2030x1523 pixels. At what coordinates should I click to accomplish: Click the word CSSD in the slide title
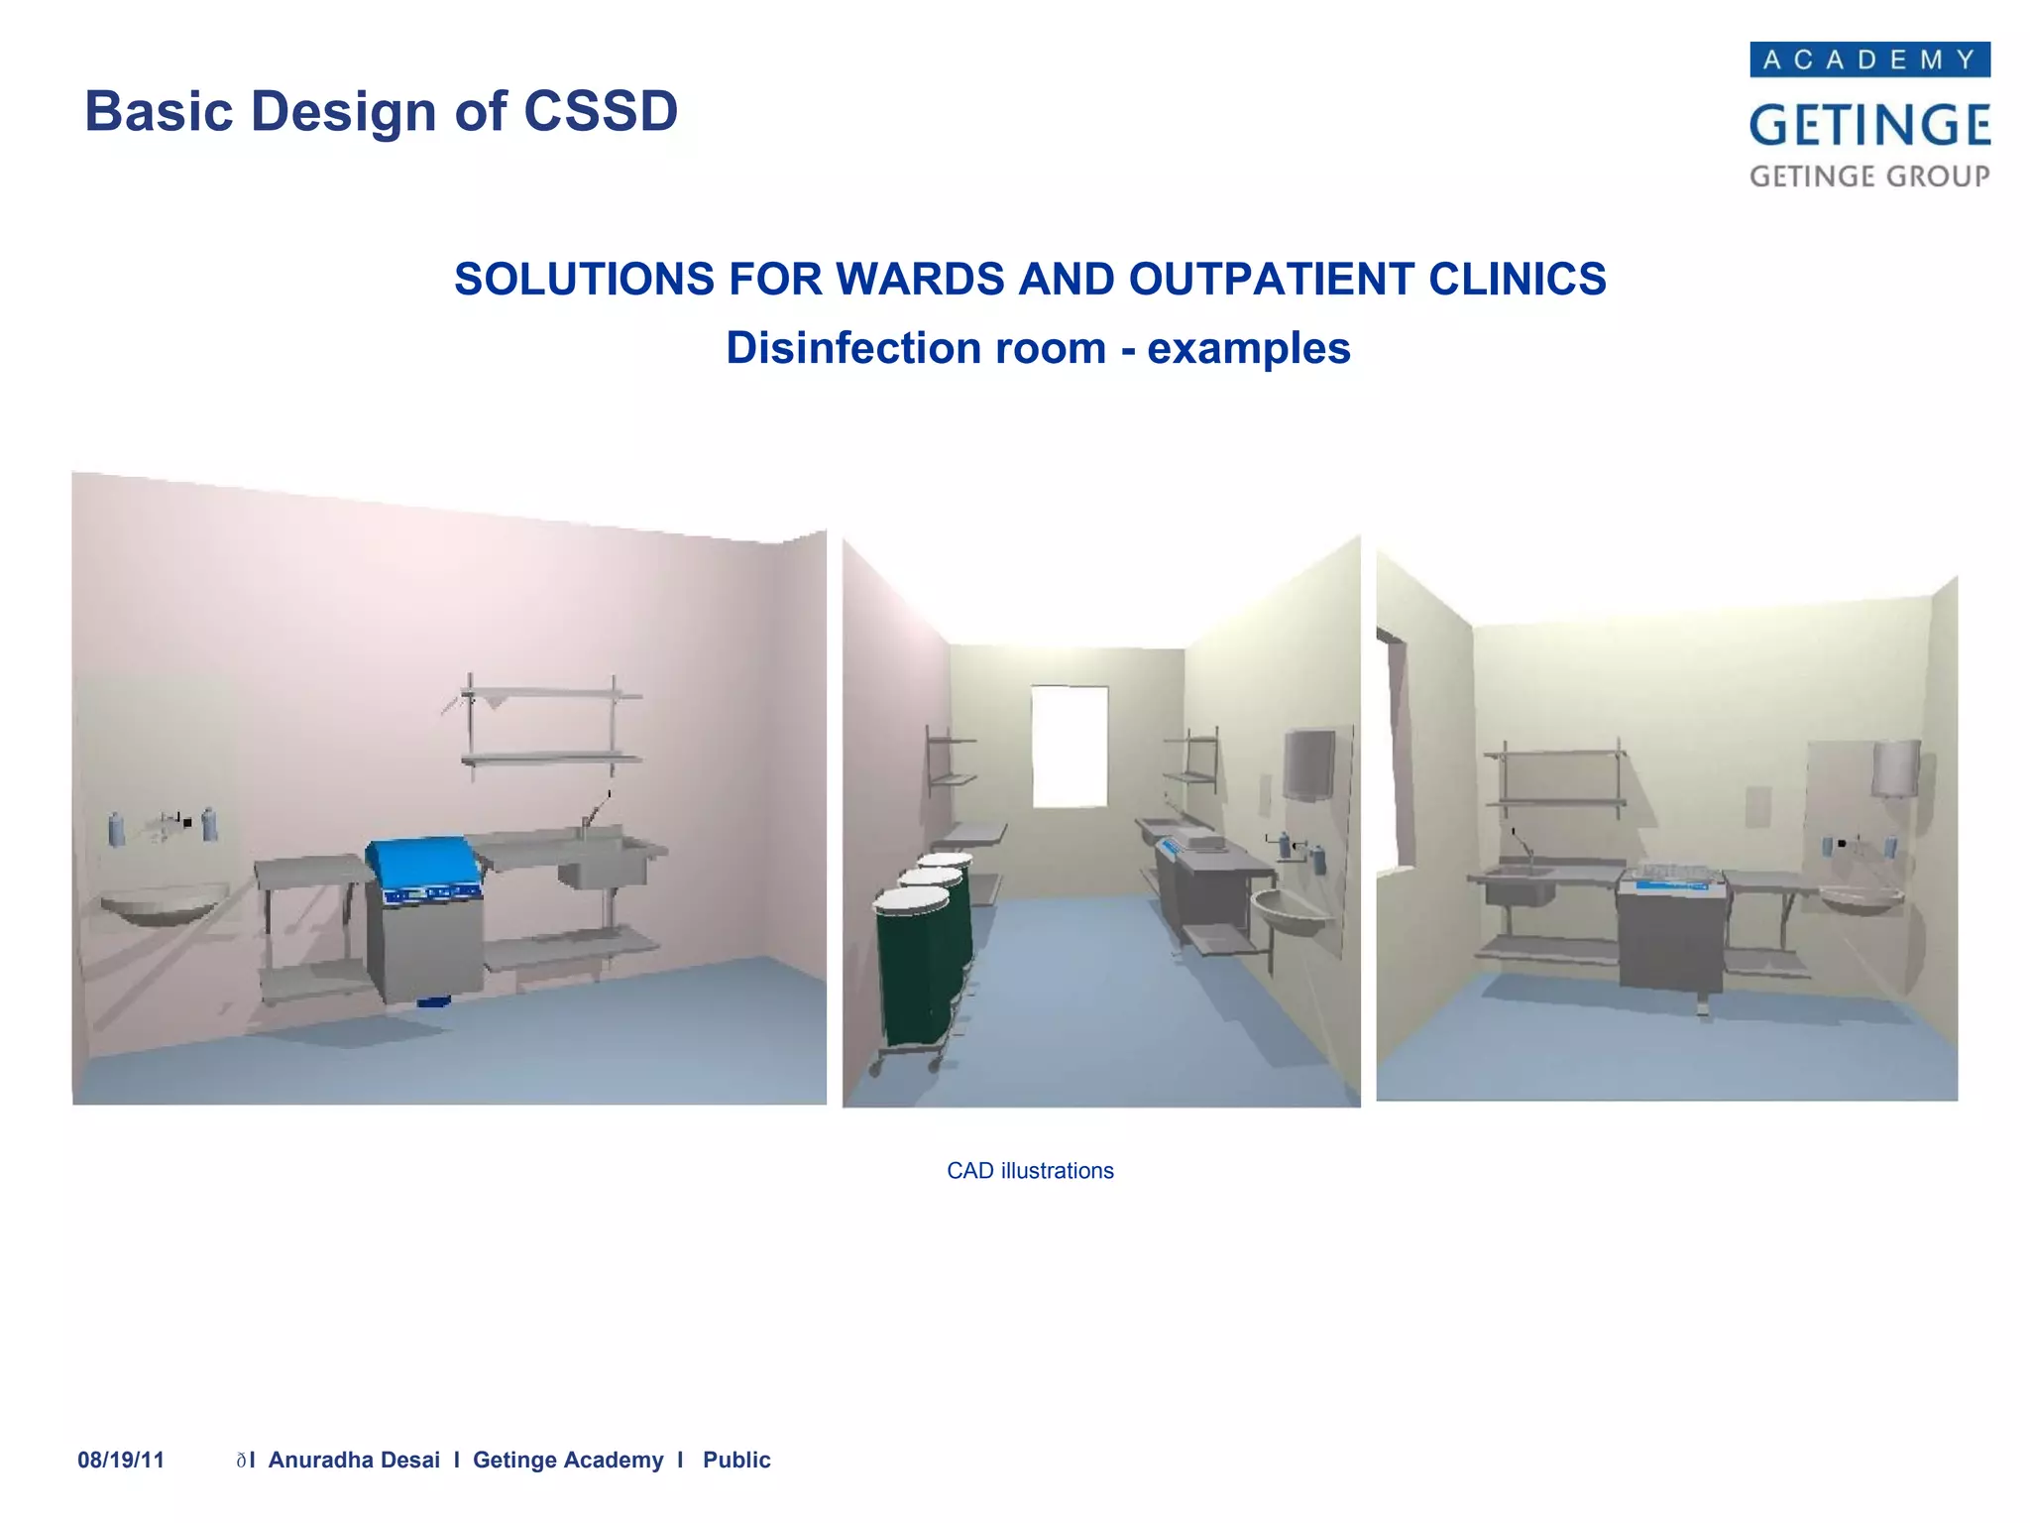click(x=600, y=111)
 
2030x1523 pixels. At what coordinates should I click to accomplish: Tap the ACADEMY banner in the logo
click(x=1869, y=59)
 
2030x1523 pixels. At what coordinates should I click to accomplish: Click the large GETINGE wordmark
click(x=1869, y=126)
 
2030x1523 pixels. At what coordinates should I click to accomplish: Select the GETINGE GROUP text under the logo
click(x=1869, y=176)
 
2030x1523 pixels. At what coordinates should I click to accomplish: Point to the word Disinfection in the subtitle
click(x=915, y=348)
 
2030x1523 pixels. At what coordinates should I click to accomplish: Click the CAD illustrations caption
click(x=1030, y=1171)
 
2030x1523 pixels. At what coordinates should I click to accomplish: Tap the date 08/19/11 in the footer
click(x=121, y=1460)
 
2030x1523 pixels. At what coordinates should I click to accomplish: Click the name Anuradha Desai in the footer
click(x=354, y=1460)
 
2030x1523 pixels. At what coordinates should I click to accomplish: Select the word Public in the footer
click(x=736, y=1460)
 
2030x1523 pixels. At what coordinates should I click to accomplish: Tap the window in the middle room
click(x=1070, y=746)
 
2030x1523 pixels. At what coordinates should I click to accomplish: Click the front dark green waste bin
click(x=912, y=967)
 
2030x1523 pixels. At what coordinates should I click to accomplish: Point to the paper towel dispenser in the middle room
click(x=1308, y=763)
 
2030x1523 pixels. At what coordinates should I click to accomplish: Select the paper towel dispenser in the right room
click(x=1895, y=768)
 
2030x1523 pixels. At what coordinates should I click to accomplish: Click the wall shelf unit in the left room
click(x=550, y=724)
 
